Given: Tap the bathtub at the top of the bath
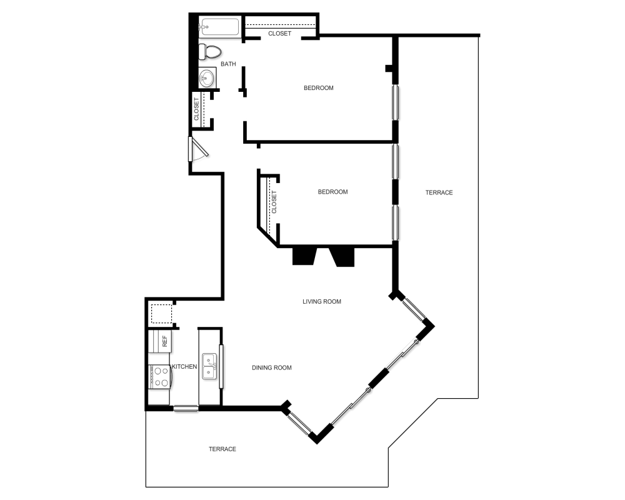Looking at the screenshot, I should click(219, 27).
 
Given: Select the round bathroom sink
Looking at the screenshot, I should click(207, 78).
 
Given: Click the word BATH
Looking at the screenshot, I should click(228, 64).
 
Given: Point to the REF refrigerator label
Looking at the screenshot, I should click(165, 341).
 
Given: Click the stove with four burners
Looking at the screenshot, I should click(160, 377).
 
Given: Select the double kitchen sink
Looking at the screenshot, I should click(209, 367).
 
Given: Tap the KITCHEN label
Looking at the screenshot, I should click(184, 367).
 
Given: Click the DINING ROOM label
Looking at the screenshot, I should click(272, 367).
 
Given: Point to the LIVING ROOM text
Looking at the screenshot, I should click(322, 301).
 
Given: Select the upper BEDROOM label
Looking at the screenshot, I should click(319, 87).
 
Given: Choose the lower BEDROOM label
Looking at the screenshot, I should click(332, 192).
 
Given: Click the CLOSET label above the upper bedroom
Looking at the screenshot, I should click(279, 33).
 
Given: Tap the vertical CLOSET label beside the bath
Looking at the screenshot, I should click(197, 109).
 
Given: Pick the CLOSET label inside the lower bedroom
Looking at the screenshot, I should click(274, 202).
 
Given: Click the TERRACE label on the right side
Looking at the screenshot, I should click(439, 192).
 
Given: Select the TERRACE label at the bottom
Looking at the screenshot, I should click(222, 449).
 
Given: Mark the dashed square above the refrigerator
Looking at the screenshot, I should click(161, 314).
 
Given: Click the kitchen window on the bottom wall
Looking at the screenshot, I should click(186, 409).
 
